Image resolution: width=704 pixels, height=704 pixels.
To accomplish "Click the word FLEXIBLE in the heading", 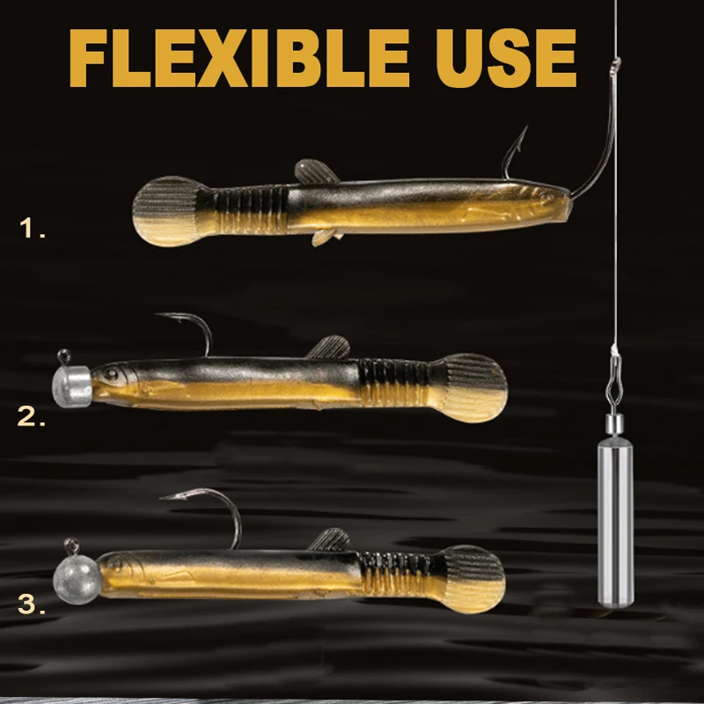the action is [x=239, y=58].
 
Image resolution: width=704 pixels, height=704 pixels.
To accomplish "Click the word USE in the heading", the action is [x=507, y=58].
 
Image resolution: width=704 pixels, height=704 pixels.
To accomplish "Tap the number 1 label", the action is [x=33, y=228].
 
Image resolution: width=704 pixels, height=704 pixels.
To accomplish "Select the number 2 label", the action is [x=32, y=416].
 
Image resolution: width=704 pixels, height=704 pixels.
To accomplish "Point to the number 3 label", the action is [x=32, y=604].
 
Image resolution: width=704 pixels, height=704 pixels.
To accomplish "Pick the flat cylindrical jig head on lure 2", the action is [x=72, y=386].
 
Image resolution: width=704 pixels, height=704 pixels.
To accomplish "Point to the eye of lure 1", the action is [x=546, y=197].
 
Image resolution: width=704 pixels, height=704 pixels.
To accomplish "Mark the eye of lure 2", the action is [x=111, y=373].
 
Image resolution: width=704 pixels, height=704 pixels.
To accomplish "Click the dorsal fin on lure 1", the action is [x=315, y=172].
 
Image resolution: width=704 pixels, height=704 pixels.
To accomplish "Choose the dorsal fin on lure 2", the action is [x=329, y=347].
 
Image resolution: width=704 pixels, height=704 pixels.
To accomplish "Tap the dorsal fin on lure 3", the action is [x=330, y=539].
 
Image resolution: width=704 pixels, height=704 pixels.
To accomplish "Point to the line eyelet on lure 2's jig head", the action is [x=64, y=356].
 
